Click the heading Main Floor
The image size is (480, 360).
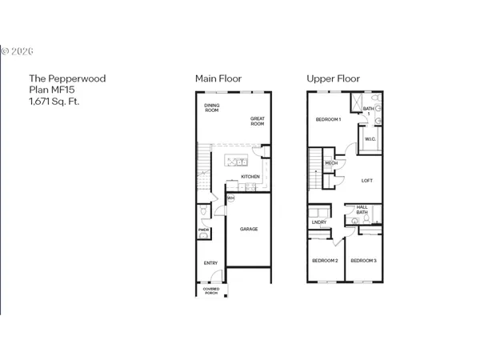(218, 78)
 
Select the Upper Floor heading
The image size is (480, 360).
(333, 78)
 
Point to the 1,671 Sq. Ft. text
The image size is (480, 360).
(54, 102)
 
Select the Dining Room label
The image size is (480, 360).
(212, 108)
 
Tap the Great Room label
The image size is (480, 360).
(257, 122)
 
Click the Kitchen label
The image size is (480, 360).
(250, 177)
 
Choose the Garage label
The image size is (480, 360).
(249, 229)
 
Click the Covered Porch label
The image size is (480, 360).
(210, 291)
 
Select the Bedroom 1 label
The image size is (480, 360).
(328, 120)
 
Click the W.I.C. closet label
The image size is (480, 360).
(370, 139)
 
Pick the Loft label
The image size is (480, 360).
(367, 180)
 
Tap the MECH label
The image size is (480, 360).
(331, 164)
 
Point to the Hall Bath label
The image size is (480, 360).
(362, 210)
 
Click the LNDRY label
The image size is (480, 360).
(320, 222)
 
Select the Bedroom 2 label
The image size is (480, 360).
(325, 261)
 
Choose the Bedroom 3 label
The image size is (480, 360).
(363, 261)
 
